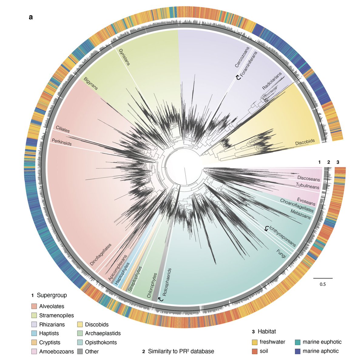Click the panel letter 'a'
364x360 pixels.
coord(31,17)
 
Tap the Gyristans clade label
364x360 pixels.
coord(124,57)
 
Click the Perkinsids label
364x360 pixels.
coord(62,142)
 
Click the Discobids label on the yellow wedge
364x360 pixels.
coord(305,142)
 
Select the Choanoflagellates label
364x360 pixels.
coord(297,205)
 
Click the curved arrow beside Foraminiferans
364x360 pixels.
coord(238,78)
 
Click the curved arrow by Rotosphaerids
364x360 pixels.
coord(160,299)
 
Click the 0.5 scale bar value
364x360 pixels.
coord(322,284)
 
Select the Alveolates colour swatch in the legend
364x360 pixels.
coord(34,306)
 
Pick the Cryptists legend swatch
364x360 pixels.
coord(34,342)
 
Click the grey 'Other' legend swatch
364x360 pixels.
coord(80,352)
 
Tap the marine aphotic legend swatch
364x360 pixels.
coord(298,351)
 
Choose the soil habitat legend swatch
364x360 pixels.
coord(255,351)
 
